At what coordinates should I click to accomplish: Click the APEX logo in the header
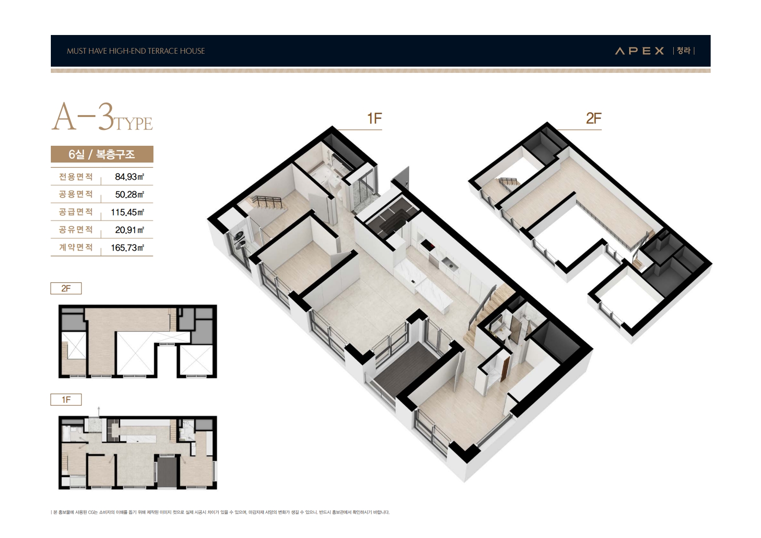point(639,51)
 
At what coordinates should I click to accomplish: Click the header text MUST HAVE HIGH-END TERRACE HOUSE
point(136,51)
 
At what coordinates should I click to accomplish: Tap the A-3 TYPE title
point(102,117)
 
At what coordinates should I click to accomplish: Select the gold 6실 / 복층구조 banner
point(102,154)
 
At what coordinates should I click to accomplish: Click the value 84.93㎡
point(129,176)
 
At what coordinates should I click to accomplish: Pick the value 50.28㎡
point(129,194)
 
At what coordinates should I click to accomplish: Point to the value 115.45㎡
point(128,212)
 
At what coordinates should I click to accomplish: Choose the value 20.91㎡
point(129,230)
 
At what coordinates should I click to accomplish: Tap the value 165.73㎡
point(128,247)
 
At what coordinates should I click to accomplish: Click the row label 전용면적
point(76,176)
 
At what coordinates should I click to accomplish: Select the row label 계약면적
point(76,247)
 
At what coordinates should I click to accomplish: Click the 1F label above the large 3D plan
point(375,118)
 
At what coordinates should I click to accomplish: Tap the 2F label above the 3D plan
point(594,118)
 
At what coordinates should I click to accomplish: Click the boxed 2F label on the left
point(66,288)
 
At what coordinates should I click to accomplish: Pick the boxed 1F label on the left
point(66,400)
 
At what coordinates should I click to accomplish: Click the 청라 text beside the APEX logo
point(683,51)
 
